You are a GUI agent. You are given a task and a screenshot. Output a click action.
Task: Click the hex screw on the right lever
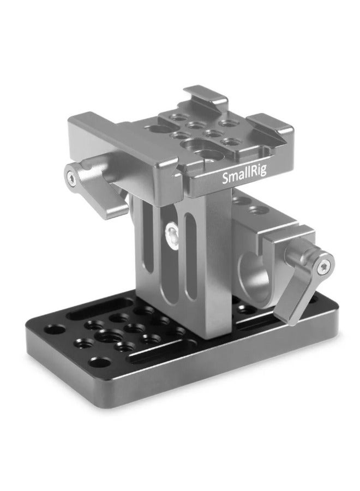[326, 266]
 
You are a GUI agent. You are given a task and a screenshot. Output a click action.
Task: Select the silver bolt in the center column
[171, 233]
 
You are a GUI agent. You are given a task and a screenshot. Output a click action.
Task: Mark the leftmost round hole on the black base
[53, 330]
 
